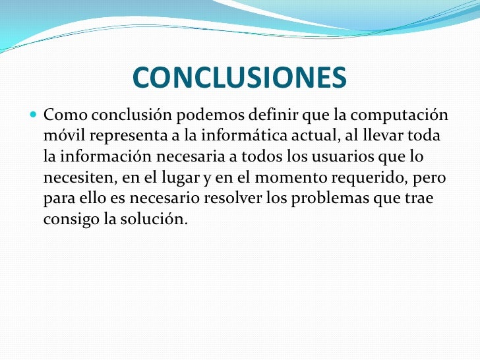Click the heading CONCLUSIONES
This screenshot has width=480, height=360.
click(239, 78)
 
